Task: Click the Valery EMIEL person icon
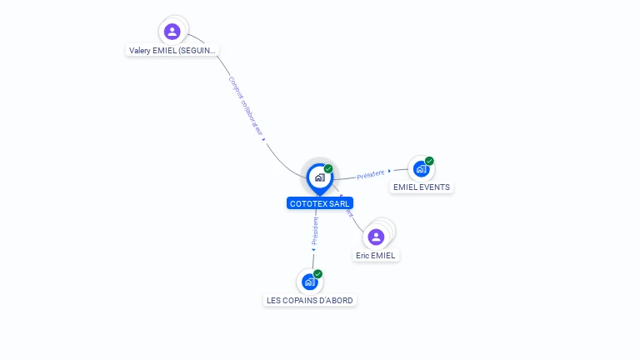[x=172, y=32]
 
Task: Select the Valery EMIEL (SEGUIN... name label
[x=172, y=50]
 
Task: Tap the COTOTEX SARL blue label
[x=319, y=203]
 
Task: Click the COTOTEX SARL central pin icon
[x=319, y=177]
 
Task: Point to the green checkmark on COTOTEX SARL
[x=328, y=169]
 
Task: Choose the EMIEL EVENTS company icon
[x=421, y=168]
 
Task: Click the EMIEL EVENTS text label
[x=421, y=187]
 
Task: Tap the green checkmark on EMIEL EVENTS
[x=429, y=161]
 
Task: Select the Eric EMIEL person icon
[x=376, y=237]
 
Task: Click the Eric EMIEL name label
[x=376, y=256]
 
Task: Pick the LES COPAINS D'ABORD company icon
[x=309, y=282]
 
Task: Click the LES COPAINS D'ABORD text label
[x=310, y=300]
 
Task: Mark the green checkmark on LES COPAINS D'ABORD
[x=317, y=274]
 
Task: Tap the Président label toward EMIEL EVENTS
[x=371, y=174]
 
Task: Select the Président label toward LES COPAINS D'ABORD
[x=315, y=230]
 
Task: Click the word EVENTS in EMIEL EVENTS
[x=434, y=187]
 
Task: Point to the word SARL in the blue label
[x=338, y=203]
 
